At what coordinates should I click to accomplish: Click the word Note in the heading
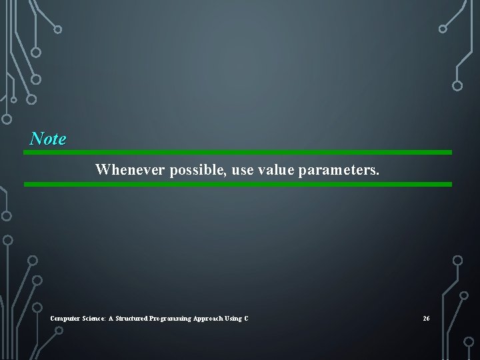(48, 139)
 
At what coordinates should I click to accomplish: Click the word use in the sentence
(243, 170)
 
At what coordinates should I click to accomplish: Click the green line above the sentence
(237, 152)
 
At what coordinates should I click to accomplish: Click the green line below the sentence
(237, 184)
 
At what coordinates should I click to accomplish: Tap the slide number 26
(426, 319)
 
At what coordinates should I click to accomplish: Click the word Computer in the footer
(64, 319)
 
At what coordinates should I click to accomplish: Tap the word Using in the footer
(235, 319)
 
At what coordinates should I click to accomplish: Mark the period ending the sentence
(378, 174)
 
